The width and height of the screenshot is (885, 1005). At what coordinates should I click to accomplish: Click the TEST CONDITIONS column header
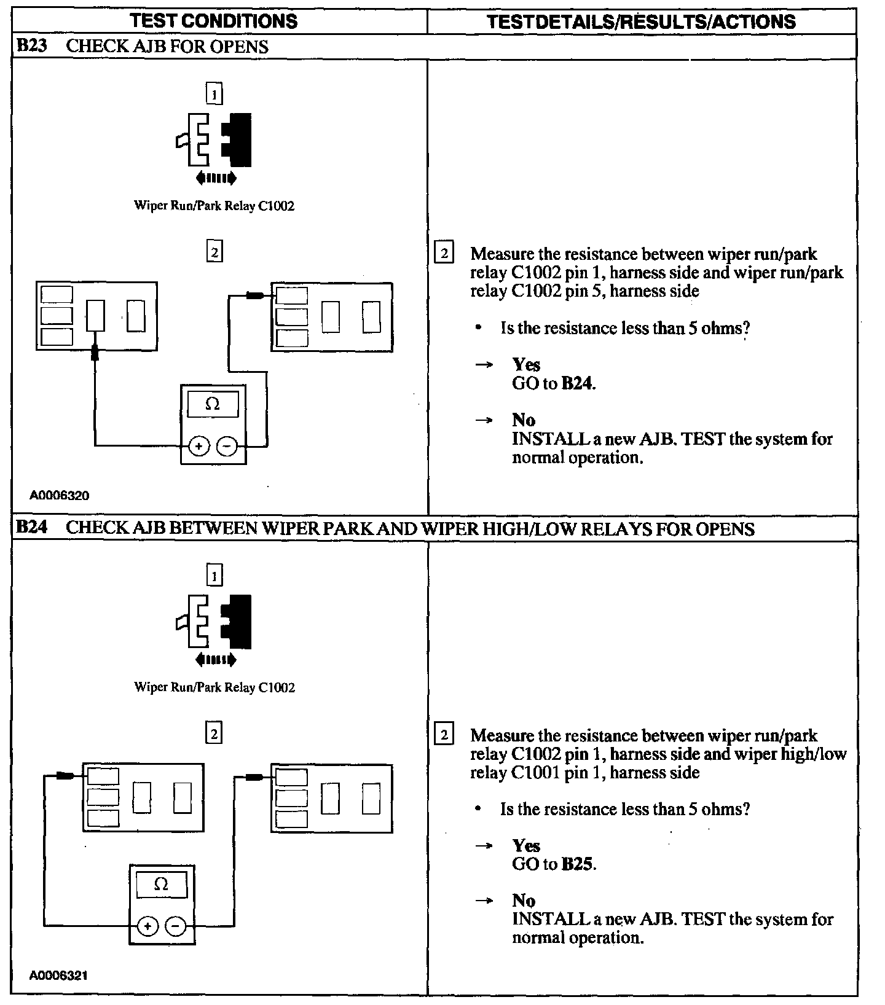(x=214, y=21)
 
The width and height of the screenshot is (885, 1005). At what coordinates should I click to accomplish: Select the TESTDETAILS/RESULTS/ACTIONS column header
(x=641, y=22)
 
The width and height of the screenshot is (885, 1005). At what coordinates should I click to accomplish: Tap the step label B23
(x=31, y=46)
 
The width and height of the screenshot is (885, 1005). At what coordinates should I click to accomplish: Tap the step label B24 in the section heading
(x=31, y=528)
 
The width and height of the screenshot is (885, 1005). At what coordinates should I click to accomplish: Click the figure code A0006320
(x=59, y=495)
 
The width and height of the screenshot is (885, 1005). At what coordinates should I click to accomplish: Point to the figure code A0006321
(x=59, y=976)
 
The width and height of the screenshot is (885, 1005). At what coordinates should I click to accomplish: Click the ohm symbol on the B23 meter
(x=213, y=404)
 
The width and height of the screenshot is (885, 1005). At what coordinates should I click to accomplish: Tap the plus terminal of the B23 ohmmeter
(x=198, y=447)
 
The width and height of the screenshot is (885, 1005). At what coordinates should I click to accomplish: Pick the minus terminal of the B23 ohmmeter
(x=227, y=447)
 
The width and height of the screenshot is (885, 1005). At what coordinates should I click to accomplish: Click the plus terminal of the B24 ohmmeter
(x=147, y=926)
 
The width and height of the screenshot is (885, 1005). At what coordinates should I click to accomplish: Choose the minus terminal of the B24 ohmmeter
(x=176, y=926)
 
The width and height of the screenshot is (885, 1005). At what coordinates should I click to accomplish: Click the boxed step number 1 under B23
(x=214, y=95)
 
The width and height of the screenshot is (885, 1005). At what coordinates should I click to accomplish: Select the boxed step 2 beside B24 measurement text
(x=444, y=735)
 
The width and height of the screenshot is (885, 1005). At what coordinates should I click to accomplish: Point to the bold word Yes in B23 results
(x=526, y=365)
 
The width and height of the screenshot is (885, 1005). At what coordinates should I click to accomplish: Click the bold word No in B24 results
(x=524, y=901)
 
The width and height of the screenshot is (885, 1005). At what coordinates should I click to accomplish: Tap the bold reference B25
(x=578, y=864)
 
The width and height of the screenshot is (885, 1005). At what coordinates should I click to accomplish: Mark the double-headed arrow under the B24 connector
(x=215, y=660)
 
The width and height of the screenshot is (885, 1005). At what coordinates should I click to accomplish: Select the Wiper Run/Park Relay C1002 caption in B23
(x=214, y=206)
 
